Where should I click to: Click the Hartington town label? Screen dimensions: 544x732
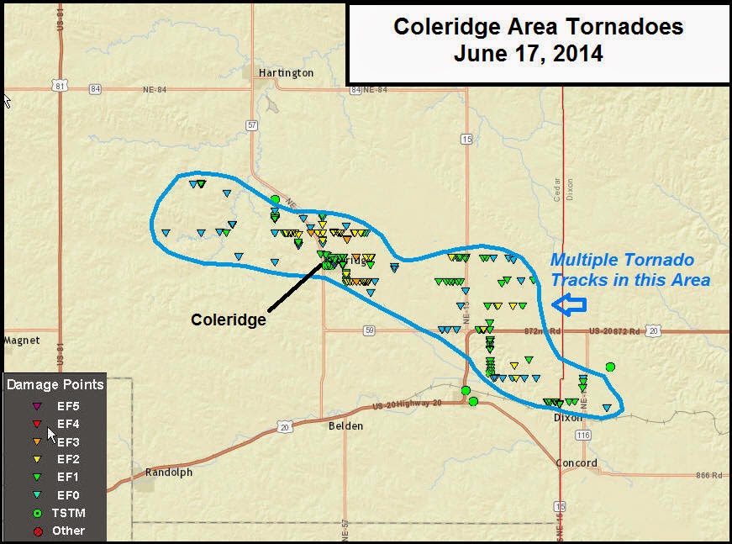286,73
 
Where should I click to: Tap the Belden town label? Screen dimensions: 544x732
345,426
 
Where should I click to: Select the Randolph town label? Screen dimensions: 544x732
168,472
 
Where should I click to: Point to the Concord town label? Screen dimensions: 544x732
577,463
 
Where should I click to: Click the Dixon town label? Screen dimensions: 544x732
567,417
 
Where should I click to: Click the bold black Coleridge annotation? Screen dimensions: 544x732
229,320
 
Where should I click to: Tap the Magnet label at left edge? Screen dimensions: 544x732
22,341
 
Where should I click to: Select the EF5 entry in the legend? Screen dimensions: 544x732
68,407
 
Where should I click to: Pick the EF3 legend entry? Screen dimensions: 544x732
68,442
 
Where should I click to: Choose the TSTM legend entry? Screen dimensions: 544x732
70,512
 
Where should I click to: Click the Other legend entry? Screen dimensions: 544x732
69,531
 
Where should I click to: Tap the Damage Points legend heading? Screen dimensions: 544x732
55,385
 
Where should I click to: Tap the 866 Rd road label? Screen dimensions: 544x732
708,476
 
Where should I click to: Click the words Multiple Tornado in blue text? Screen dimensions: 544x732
622,261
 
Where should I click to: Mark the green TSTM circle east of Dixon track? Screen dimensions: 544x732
610,367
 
